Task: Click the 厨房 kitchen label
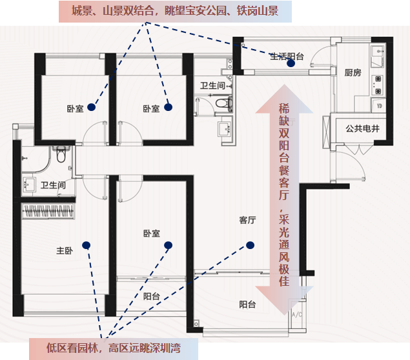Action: click(x=352, y=72)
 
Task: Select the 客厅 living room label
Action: click(x=247, y=221)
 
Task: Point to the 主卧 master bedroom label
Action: click(x=64, y=251)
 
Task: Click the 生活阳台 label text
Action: click(x=287, y=56)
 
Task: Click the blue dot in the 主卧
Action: click(x=86, y=245)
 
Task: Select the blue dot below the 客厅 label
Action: click(x=249, y=245)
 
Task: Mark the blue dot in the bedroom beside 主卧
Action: click(x=169, y=245)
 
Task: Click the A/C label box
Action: click(x=297, y=315)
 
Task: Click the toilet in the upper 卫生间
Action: click(x=223, y=102)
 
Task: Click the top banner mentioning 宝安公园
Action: click(x=175, y=11)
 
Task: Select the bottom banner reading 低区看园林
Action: click(x=113, y=348)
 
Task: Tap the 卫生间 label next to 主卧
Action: click(x=53, y=185)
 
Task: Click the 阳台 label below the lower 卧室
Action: click(x=152, y=296)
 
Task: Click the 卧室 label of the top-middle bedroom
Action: click(x=151, y=108)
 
